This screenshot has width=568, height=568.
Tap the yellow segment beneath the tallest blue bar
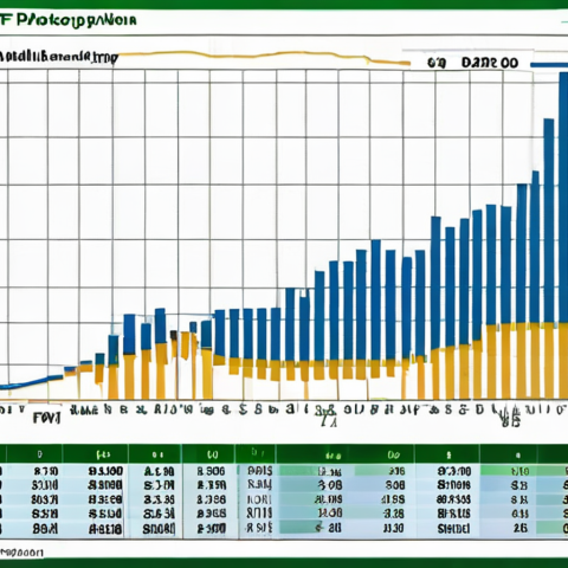pyautogui.click(x=562, y=361)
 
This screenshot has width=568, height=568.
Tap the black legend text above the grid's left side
pyautogui.click(x=55, y=57)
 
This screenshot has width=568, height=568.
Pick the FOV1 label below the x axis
pyautogui.click(x=46, y=418)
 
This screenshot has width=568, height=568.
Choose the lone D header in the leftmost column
pyautogui.click(x=39, y=454)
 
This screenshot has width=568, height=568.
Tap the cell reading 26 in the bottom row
pyautogui.click(x=520, y=528)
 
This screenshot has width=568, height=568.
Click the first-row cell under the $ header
pyautogui.click(x=454, y=471)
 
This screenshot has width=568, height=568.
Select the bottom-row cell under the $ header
pyautogui.click(x=454, y=528)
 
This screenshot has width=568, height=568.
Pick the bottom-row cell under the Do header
pyautogui.click(x=393, y=528)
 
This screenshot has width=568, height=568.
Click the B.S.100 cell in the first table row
pyautogui.click(x=105, y=471)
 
